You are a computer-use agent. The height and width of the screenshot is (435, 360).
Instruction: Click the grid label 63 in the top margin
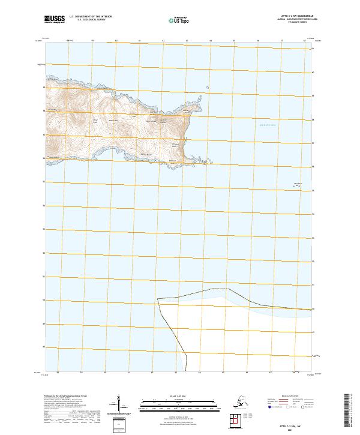click(185, 41)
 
